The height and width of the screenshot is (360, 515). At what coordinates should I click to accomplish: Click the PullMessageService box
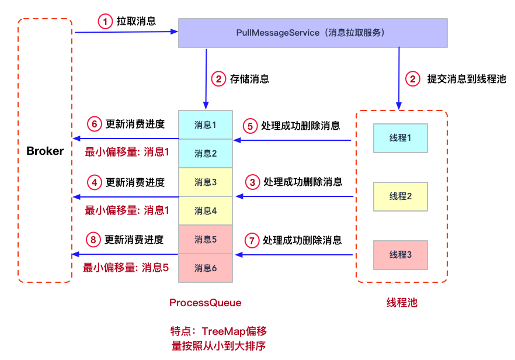click(312, 33)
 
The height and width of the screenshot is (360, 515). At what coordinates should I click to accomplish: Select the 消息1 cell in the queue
click(205, 125)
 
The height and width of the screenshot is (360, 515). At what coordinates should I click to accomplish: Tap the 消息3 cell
click(205, 182)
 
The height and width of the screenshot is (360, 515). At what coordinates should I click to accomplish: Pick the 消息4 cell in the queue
click(205, 211)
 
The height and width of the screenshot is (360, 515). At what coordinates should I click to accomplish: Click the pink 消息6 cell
click(205, 268)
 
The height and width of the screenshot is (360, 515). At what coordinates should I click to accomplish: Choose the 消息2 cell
click(205, 154)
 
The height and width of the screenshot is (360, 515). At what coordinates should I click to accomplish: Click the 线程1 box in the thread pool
click(401, 138)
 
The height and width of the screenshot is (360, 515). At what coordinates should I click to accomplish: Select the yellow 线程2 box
click(401, 196)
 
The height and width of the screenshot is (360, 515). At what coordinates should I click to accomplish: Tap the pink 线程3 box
click(401, 255)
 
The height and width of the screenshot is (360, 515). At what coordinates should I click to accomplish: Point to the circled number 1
click(105, 22)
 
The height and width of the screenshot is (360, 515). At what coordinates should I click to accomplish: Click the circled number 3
click(252, 182)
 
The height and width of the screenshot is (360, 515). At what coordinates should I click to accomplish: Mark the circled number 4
click(95, 182)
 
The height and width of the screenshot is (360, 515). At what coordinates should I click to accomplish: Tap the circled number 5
click(250, 126)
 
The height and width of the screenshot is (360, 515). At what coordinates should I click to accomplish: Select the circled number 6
click(95, 124)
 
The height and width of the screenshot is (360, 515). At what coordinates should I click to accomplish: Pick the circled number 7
click(251, 240)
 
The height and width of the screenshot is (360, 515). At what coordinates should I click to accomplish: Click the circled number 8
click(93, 240)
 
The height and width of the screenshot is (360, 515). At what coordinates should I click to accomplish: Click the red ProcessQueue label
click(205, 303)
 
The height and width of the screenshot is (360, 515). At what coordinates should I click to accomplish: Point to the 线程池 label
click(402, 303)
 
